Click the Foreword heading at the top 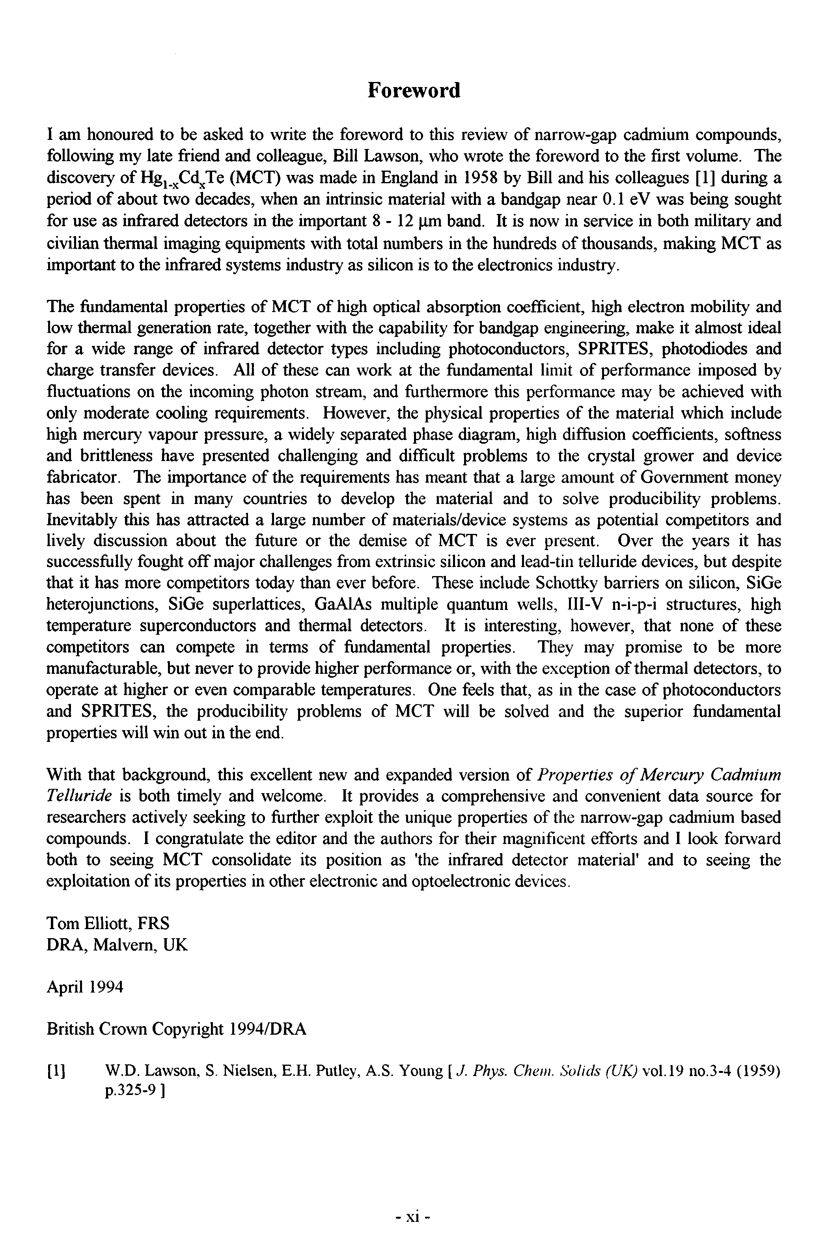click(414, 90)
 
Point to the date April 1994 click(85, 987)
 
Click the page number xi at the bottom click(414, 1217)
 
